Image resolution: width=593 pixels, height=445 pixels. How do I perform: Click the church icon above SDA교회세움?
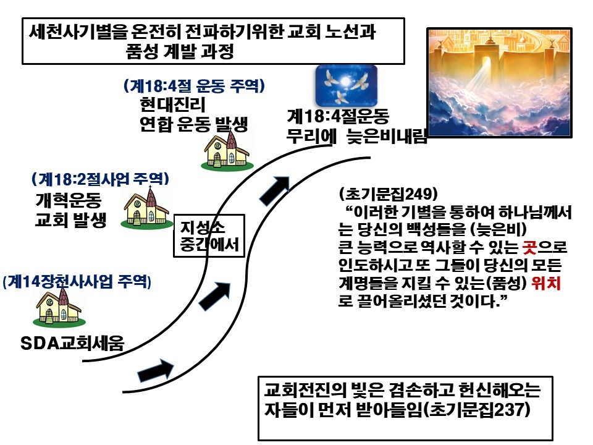[59, 308]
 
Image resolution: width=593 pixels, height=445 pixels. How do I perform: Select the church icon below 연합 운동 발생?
[227, 150]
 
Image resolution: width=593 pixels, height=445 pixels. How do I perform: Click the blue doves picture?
[347, 85]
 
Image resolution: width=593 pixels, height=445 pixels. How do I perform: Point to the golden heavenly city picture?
[499, 82]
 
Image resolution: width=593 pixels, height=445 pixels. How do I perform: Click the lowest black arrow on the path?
[156, 370]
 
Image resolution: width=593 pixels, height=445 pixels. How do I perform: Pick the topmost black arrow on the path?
[275, 190]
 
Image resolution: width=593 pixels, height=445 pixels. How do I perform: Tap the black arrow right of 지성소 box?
[215, 296]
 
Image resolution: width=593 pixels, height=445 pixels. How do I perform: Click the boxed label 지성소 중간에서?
[209, 236]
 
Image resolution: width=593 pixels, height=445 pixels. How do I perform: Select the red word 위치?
[545, 282]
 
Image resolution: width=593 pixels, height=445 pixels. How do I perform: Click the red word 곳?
[529, 247]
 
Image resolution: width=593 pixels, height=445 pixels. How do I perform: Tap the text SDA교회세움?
[72, 343]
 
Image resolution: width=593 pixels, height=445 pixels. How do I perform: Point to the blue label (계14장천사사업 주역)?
[77, 282]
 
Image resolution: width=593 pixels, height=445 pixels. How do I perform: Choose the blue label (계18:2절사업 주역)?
[101, 179]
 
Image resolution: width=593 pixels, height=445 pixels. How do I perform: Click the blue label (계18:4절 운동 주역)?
[194, 86]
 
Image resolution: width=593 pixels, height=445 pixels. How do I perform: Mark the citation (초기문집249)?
[389, 193]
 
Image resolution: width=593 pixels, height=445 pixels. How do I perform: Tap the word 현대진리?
[172, 104]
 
